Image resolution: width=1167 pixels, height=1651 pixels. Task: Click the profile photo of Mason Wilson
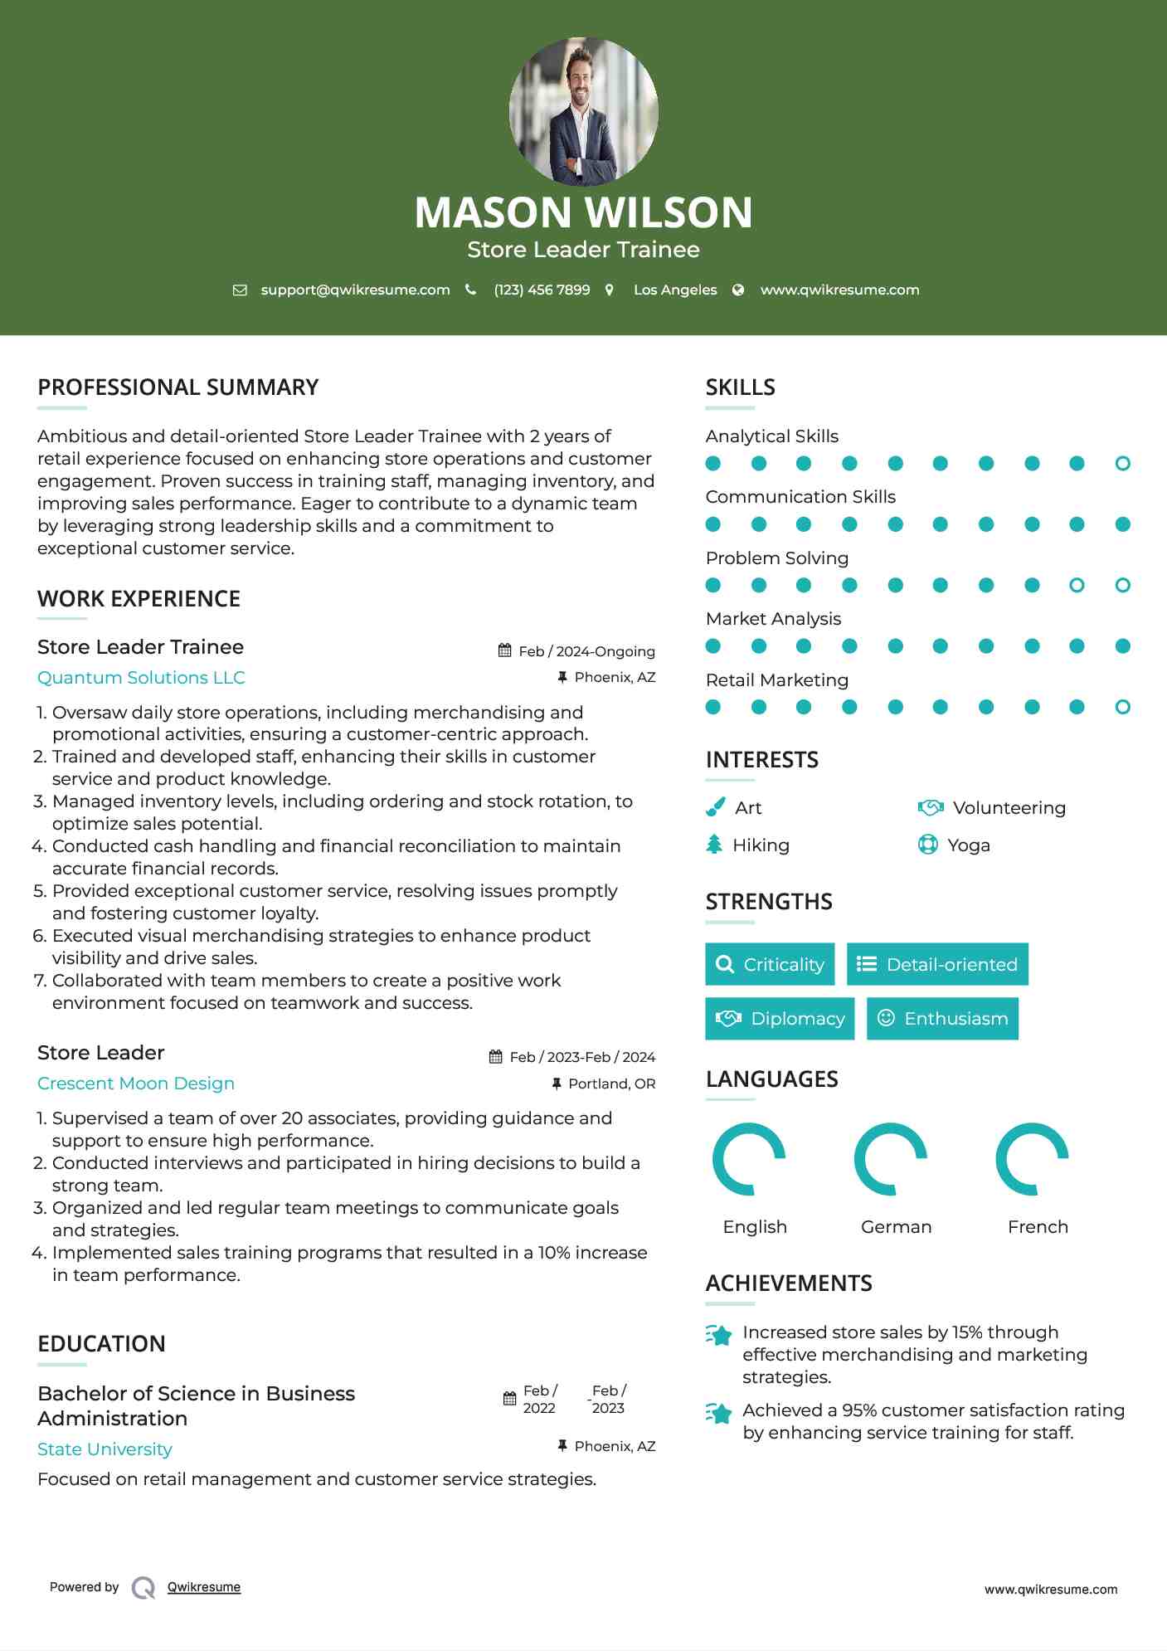[x=583, y=111]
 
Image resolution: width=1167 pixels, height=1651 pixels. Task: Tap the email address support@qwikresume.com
[x=355, y=290]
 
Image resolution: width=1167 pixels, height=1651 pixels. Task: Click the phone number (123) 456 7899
[x=542, y=290]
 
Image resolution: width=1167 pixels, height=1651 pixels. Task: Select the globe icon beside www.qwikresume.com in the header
[x=738, y=290]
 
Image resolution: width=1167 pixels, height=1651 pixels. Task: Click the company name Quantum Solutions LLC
[x=141, y=678]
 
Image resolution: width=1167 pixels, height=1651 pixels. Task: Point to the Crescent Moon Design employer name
[x=136, y=1084]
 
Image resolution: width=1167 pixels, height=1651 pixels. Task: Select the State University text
[x=105, y=1449]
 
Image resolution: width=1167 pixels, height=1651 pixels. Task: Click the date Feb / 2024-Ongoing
[x=586, y=651]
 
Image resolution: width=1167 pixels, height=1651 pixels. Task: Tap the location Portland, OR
[x=611, y=1084]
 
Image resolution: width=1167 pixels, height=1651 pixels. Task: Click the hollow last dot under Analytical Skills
[x=1122, y=464]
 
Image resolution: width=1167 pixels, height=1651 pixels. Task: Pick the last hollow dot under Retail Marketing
[x=1122, y=707]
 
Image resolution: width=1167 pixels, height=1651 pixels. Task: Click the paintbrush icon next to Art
[x=715, y=807]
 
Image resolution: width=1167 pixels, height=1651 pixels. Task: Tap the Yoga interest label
[x=968, y=845]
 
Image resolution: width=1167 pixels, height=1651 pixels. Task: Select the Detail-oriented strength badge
[x=937, y=964]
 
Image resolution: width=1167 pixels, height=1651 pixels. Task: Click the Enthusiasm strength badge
[x=942, y=1019]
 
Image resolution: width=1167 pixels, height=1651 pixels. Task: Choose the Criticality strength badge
[x=770, y=964]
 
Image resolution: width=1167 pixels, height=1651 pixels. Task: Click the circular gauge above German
[x=890, y=1159]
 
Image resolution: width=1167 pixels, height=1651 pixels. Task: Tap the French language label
[x=1038, y=1227]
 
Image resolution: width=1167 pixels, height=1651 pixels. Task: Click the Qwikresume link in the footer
[x=204, y=1587]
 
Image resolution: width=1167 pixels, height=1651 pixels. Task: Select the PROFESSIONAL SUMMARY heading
[x=178, y=387]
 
